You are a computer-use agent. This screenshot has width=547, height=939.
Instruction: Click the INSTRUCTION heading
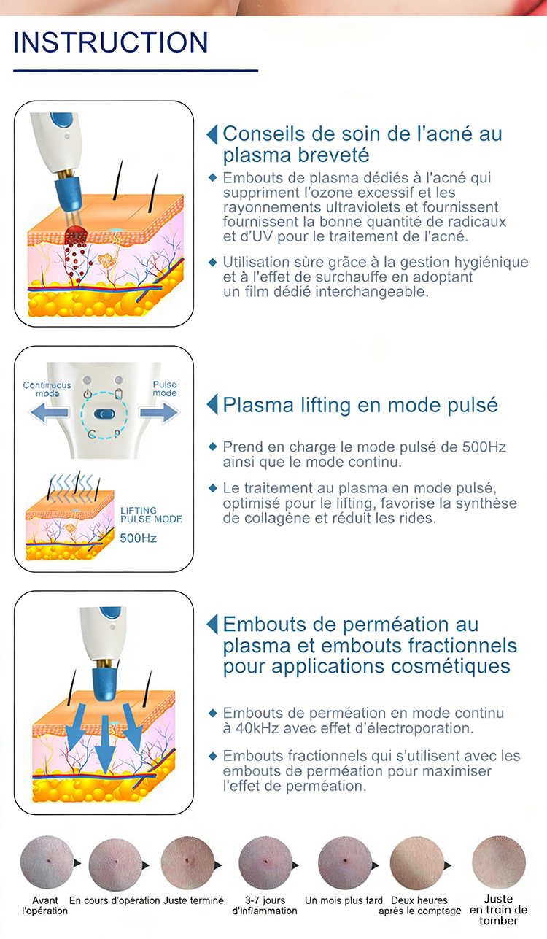[111, 42]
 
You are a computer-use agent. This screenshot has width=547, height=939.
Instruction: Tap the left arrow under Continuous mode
[50, 412]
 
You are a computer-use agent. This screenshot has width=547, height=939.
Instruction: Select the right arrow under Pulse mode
[159, 412]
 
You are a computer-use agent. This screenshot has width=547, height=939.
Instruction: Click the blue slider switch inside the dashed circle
[104, 414]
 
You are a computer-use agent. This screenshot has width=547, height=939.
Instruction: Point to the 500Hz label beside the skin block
[139, 538]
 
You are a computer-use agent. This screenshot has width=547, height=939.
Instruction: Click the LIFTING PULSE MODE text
[151, 515]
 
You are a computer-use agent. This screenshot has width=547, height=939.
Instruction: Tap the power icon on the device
[88, 394]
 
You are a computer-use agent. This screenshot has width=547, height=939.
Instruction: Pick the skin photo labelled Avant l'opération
[47, 862]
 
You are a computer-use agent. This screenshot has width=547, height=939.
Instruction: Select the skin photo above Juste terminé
[188, 862]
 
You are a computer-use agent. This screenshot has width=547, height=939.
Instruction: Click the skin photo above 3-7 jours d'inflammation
[265, 862]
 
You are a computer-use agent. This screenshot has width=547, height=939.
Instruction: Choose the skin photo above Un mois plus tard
[345, 862]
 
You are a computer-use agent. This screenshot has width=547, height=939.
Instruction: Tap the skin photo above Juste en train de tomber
[499, 862]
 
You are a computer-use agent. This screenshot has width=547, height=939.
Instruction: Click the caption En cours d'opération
[115, 900]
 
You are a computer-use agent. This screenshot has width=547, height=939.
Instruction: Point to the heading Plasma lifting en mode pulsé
[360, 405]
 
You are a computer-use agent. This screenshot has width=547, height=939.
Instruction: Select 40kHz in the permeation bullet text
[257, 729]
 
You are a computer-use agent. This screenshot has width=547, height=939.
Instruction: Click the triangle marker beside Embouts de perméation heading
[212, 624]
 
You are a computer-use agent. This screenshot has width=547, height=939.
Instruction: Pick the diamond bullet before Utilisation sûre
[213, 263]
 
